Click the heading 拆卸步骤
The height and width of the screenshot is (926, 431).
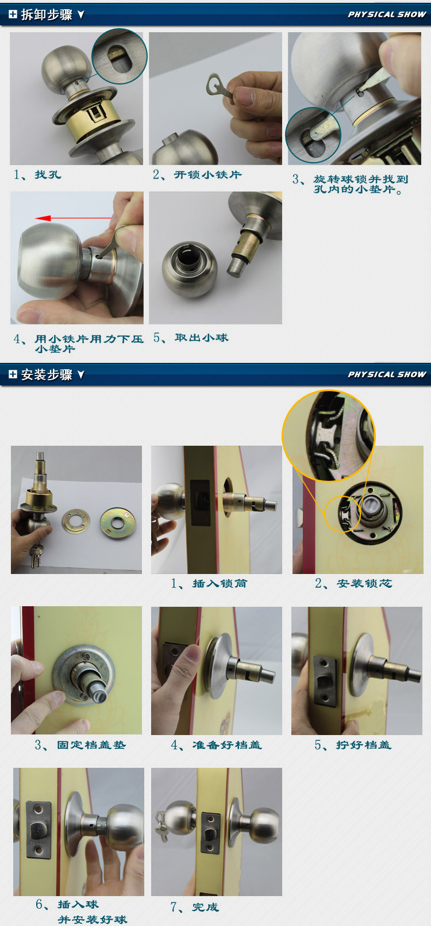(x=47, y=14)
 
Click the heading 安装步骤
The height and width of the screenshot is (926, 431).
(x=47, y=374)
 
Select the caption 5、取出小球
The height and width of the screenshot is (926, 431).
(x=191, y=338)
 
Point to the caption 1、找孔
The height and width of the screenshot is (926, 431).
(x=37, y=174)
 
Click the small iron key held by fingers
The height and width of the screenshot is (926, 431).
(x=218, y=87)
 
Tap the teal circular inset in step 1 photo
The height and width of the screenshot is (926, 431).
(x=120, y=56)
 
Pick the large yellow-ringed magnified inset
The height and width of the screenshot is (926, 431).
(x=328, y=436)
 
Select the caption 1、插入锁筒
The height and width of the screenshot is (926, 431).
(x=209, y=583)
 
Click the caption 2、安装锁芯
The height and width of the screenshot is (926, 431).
(x=353, y=583)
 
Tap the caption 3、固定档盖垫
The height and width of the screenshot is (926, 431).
(x=80, y=745)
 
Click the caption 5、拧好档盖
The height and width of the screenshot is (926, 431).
(x=353, y=745)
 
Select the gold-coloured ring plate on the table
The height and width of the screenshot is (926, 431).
(x=117, y=521)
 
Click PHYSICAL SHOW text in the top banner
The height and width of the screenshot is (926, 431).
(x=387, y=14)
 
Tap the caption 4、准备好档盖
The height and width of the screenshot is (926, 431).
(x=217, y=745)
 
